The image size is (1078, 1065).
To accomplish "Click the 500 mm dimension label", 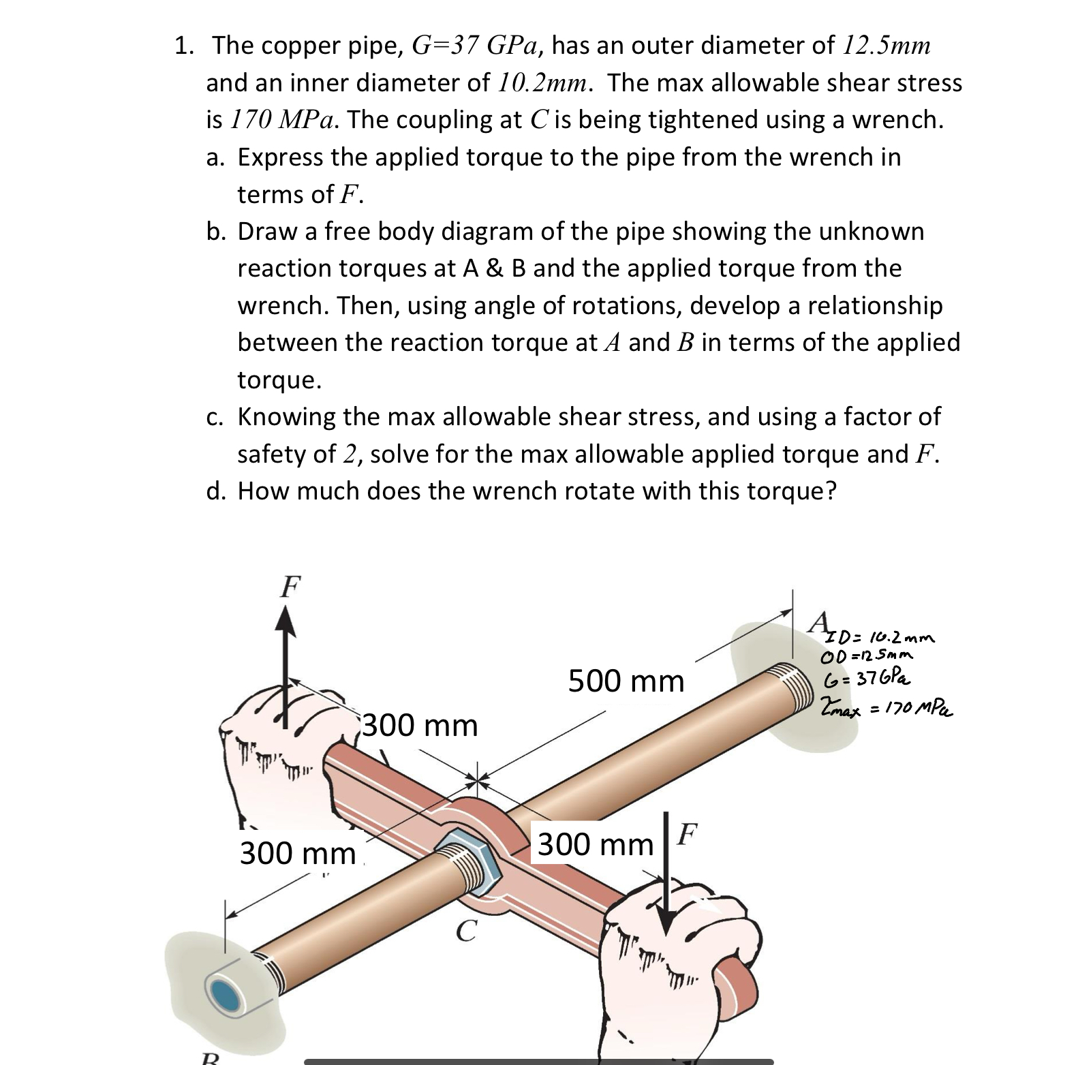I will (626, 681).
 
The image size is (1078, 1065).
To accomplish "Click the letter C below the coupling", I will (465, 931).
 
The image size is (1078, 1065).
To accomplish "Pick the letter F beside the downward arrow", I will (688, 833).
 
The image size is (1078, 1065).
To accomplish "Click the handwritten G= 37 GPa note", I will (866, 679).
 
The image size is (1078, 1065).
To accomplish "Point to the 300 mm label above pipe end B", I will (298, 852).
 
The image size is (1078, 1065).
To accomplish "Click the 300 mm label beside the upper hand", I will (420, 725).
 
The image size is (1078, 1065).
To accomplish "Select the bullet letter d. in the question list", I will (216, 491).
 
